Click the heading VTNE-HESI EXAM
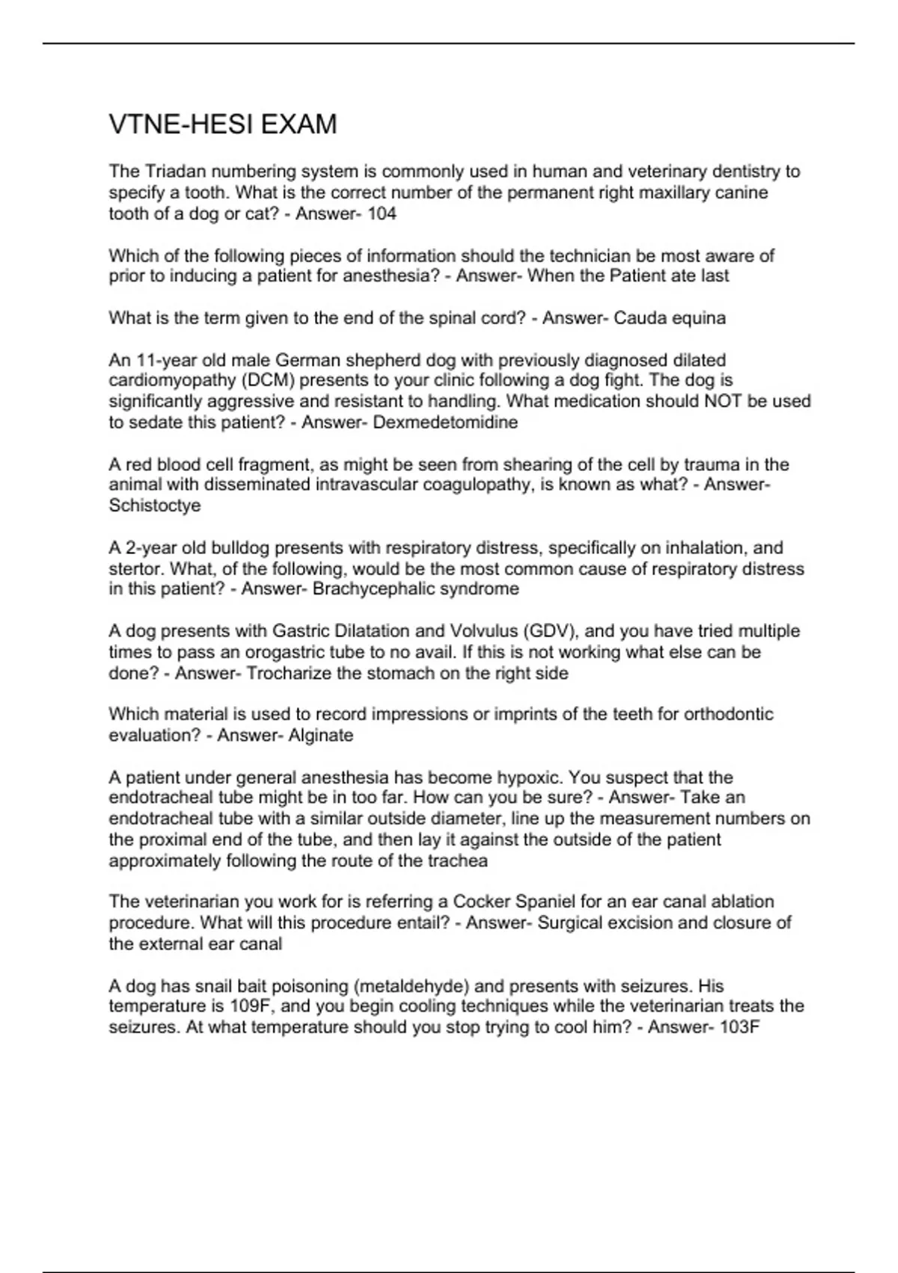pos(223,124)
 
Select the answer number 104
pos(382,214)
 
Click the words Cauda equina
pos(670,318)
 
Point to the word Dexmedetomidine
pos(445,422)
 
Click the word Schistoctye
pos(155,506)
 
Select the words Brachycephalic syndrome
pos(416,589)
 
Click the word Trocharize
pos(289,673)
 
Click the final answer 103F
pos(739,1027)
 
